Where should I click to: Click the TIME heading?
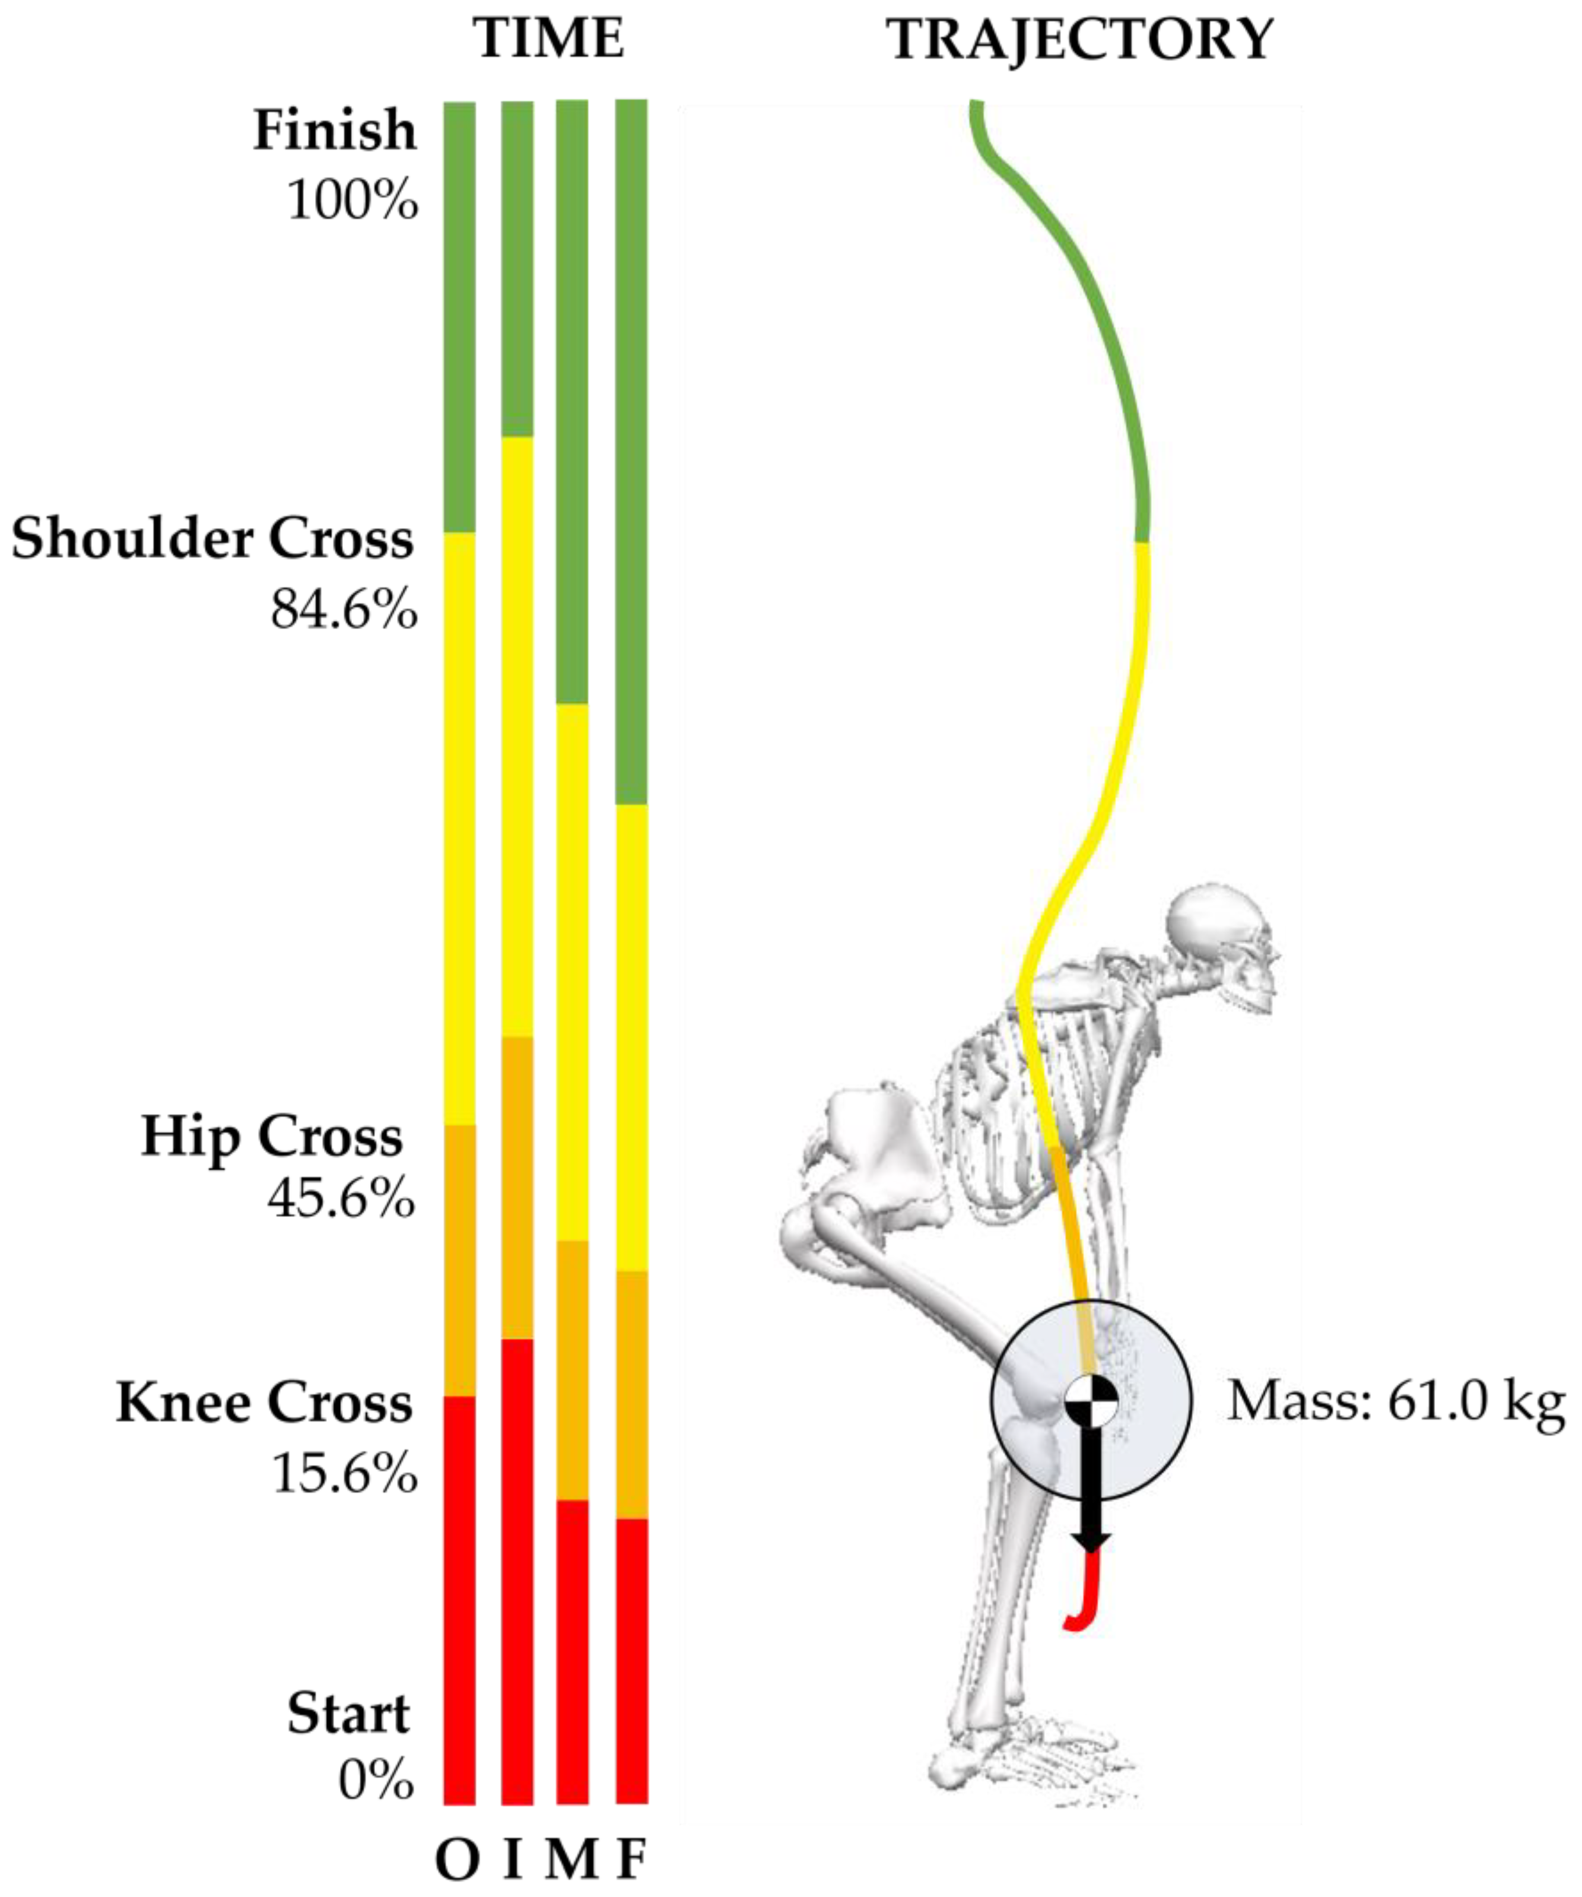click(548, 40)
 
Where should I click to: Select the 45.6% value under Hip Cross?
click(341, 1200)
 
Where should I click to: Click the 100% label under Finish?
click(352, 199)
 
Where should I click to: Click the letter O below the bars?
click(457, 1861)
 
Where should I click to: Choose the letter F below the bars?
click(631, 1861)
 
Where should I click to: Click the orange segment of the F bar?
click(631, 1395)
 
